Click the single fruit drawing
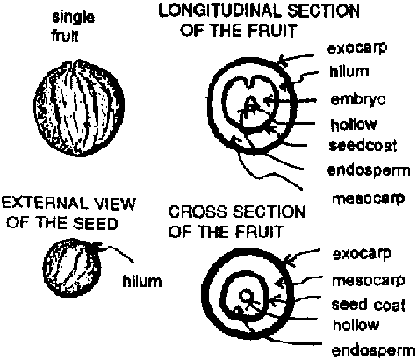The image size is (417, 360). pos(79,107)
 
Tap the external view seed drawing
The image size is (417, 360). pos(72,268)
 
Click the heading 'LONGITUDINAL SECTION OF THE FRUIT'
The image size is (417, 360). pos(259,20)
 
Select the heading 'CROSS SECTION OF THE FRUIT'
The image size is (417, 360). pos(237,221)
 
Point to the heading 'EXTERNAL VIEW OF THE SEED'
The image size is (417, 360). pos(69,213)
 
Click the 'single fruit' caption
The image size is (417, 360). pos(73,27)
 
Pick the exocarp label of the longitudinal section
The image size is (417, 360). pos(357,48)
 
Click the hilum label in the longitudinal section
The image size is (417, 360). pos(349,71)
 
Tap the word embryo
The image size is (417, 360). pos(358,100)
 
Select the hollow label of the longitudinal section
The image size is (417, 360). pos(354,124)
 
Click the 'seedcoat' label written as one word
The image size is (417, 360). pos(363,145)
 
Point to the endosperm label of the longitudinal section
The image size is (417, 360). pos(369,170)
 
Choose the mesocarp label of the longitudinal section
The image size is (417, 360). pos(369,199)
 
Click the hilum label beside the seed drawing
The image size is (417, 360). pos(142,281)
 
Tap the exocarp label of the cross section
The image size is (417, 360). pos(362,254)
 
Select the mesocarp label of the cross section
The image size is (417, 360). pos(369,281)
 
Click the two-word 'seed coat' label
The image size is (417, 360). pos(369,305)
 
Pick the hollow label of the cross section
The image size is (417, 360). pos(356,325)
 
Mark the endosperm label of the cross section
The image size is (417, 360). pos(374,350)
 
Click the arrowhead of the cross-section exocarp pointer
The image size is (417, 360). pos(288,261)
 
